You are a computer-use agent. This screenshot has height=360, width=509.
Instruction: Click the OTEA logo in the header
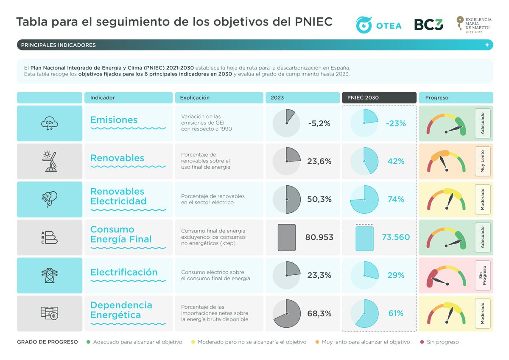[x=378, y=25]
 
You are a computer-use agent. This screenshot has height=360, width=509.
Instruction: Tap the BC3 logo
[x=428, y=25]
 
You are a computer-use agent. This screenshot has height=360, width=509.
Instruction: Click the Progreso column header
[x=456, y=98]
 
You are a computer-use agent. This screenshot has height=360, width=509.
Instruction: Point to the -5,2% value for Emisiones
[x=319, y=123]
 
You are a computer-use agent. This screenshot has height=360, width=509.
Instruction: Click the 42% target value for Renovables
[x=396, y=161]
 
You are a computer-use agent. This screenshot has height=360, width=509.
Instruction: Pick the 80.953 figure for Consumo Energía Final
[x=319, y=237]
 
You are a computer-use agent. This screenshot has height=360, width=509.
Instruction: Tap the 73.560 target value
[x=396, y=237]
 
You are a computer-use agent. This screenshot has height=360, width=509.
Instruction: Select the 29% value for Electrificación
[x=396, y=275]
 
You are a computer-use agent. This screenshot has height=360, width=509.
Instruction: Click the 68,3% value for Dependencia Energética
[x=319, y=313]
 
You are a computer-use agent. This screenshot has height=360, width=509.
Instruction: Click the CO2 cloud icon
[x=49, y=123]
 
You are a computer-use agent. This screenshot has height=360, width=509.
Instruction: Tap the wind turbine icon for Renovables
[x=49, y=161]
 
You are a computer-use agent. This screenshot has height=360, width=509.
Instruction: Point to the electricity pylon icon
[x=49, y=275]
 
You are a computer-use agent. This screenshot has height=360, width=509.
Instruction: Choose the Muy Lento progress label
[x=482, y=161]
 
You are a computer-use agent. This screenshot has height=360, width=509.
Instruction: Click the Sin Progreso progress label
[x=482, y=275]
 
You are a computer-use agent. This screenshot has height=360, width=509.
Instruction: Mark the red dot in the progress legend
[x=422, y=342]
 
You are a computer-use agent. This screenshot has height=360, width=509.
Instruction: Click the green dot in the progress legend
[x=88, y=342]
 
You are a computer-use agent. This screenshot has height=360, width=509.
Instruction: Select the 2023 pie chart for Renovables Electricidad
[x=287, y=199]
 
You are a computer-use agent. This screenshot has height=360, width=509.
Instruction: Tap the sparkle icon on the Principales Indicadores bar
[x=487, y=45]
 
